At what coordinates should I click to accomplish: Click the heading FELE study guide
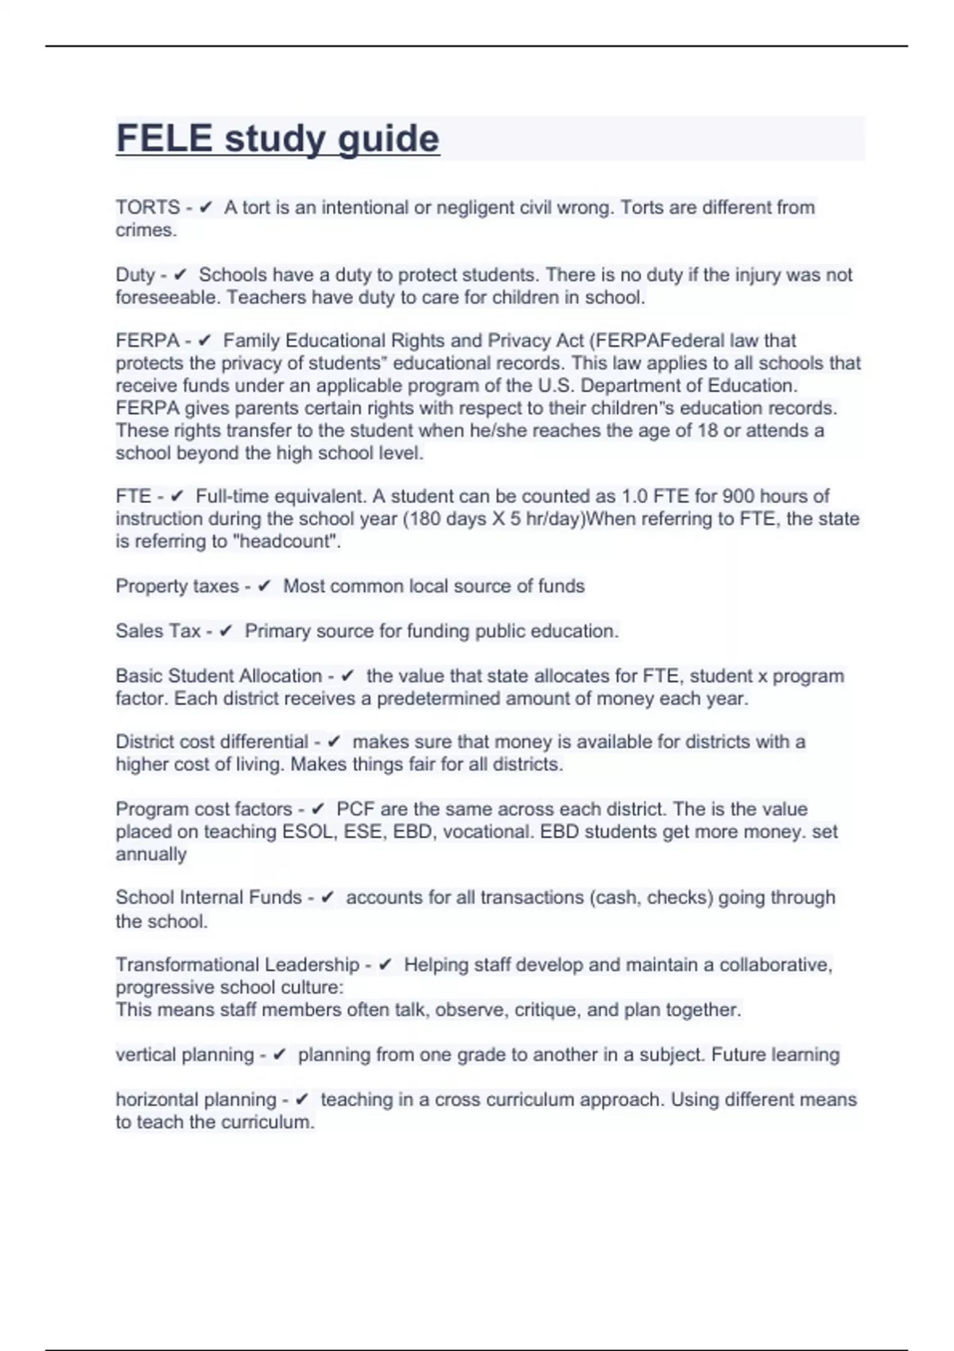tap(277, 139)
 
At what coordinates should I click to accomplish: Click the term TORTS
tap(148, 207)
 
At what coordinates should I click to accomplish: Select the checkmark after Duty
tap(180, 275)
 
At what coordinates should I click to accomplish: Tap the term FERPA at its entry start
tap(148, 341)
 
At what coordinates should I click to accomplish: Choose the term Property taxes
tap(176, 586)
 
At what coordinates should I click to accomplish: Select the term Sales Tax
tap(157, 631)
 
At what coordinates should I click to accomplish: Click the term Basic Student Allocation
tap(219, 676)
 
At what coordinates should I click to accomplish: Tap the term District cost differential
tap(211, 742)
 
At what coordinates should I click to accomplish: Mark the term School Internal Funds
tap(208, 898)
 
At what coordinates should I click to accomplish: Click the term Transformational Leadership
tap(238, 965)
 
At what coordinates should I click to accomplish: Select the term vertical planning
tap(184, 1055)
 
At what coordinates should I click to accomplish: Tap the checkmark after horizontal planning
tap(301, 1100)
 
